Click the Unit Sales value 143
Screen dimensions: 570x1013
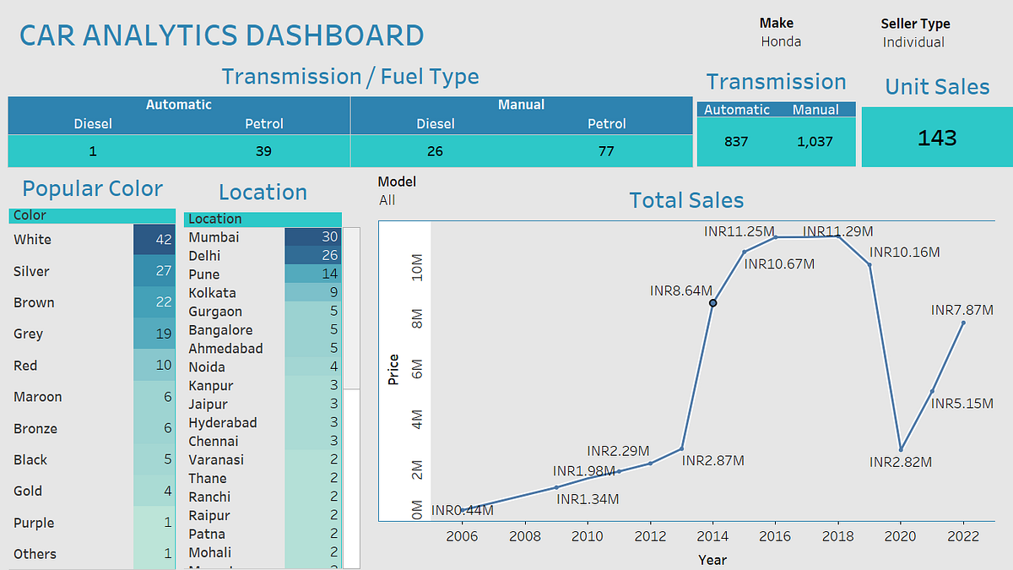click(x=937, y=138)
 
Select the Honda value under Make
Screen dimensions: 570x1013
click(x=781, y=41)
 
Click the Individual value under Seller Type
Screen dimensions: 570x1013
click(x=913, y=41)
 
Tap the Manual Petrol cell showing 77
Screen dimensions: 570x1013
click(x=606, y=152)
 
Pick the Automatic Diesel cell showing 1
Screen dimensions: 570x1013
click(x=93, y=152)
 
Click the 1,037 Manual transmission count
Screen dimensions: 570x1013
click(x=815, y=142)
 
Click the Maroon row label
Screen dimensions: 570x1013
click(x=38, y=397)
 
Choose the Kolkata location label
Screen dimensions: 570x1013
click(x=212, y=293)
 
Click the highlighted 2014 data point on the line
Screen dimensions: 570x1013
click(x=713, y=302)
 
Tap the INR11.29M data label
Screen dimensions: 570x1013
click(x=837, y=231)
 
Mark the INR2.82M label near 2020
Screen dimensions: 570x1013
click(x=901, y=462)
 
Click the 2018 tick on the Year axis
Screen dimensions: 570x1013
click(x=837, y=535)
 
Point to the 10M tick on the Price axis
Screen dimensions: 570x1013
click(x=417, y=269)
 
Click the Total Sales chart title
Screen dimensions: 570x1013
click(x=686, y=200)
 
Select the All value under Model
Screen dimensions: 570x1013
click(x=387, y=200)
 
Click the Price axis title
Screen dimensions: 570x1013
click(x=393, y=369)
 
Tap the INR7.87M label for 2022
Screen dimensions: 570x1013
click(x=962, y=311)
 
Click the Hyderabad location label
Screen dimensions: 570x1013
click(x=222, y=422)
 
